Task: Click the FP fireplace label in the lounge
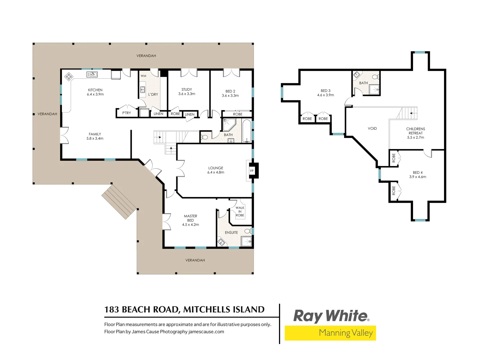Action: [252, 171]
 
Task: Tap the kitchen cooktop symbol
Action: [69, 77]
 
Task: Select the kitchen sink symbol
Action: [92, 75]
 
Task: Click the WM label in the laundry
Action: [143, 76]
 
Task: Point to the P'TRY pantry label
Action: [126, 113]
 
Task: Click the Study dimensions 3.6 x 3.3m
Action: [187, 94]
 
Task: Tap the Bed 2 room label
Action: [230, 91]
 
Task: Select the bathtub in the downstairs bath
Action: [246, 131]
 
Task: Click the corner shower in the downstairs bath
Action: [229, 125]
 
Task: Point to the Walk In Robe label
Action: [240, 211]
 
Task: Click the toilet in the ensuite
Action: [248, 231]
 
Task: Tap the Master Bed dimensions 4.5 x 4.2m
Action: [190, 224]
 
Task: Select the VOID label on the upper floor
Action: [372, 128]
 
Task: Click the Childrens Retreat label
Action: [415, 131]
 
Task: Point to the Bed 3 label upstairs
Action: [326, 90]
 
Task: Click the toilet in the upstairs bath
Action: [376, 77]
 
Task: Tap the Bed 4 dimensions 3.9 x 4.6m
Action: [418, 177]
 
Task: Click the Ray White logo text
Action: [331, 316]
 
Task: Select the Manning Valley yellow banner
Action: [330, 333]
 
